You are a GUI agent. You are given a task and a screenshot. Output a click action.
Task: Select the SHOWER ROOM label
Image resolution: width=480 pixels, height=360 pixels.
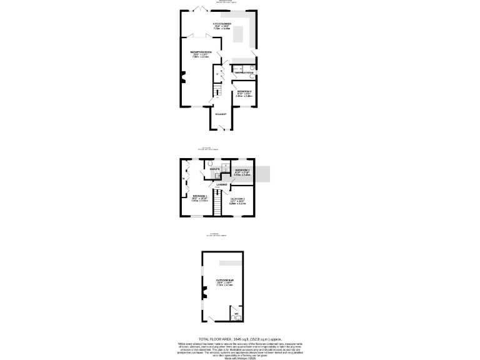pyautogui.click(x=244, y=73)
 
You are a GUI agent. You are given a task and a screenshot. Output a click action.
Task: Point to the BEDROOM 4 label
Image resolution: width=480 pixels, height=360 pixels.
pyautogui.click(x=244, y=91)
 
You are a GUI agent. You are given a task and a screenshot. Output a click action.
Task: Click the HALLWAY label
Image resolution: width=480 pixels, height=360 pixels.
pyautogui.click(x=221, y=114)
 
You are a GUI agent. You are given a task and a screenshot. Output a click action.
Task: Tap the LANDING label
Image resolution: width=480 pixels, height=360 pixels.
pyautogui.click(x=222, y=184)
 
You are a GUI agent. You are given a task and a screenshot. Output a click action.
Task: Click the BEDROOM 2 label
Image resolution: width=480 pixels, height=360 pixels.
pyautogui.click(x=237, y=199)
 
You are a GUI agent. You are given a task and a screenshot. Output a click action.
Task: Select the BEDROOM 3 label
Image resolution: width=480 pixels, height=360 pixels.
pyautogui.click(x=242, y=170)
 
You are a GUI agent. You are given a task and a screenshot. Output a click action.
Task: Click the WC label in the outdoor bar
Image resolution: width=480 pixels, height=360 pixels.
pyautogui.click(x=236, y=313)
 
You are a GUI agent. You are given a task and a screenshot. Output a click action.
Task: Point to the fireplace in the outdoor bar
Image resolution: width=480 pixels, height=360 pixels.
pyautogui.click(x=204, y=291)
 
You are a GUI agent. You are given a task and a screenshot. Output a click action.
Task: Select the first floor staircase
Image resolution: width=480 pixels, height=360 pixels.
pyautogui.click(x=218, y=204)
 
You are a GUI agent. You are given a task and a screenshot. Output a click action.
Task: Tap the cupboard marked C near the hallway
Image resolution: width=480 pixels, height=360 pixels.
pyautogui.click(x=217, y=74)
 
